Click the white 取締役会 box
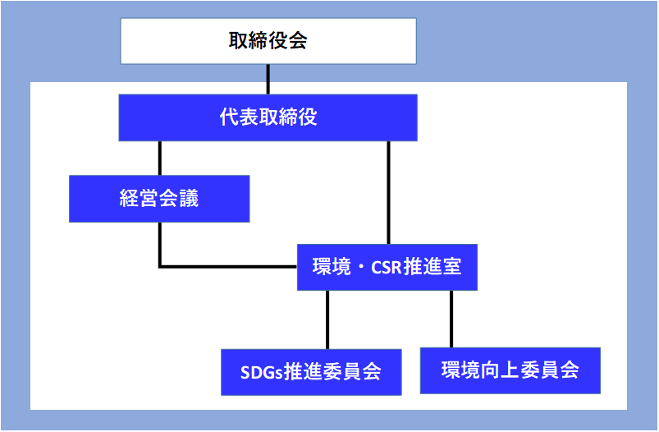(x=268, y=41)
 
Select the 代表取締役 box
(x=268, y=117)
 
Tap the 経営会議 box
(x=159, y=199)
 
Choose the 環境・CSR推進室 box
(x=387, y=267)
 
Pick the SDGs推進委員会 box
(x=311, y=372)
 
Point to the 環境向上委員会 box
(x=510, y=370)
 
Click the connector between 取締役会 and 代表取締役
(x=268, y=79)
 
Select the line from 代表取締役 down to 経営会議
(x=160, y=159)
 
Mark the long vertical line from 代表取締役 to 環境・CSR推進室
(x=388, y=192)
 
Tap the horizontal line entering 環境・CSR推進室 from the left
(x=228, y=267)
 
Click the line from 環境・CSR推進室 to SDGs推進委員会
(x=327, y=319)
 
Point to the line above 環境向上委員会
(x=451, y=319)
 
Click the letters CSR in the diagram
(x=387, y=268)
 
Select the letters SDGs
(x=262, y=373)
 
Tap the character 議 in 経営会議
(x=189, y=198)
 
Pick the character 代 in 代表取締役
(x=229, y=117)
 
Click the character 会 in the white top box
(x=298, y=40)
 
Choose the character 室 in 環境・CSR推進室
(x=452, y=267)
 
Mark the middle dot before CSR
(x=361, y=268)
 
